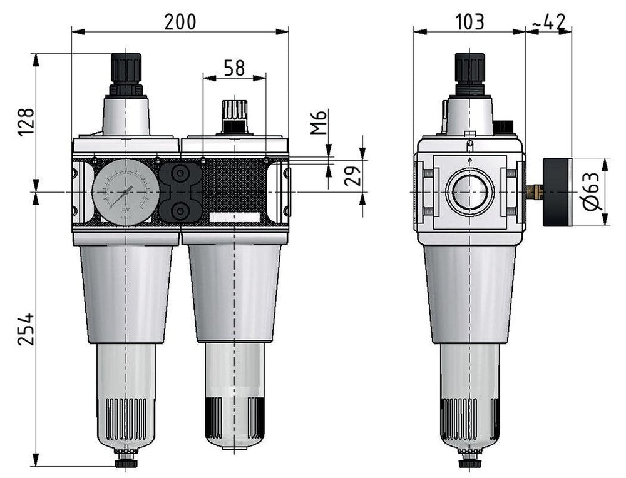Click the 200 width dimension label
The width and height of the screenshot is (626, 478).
(x=180, y=21)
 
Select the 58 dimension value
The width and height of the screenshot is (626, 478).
(x=234, y=68)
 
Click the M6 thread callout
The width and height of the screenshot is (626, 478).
(x=320, y=123)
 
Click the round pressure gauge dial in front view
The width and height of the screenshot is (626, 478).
(x=121, y=191)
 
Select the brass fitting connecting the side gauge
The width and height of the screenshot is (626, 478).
(x=534, y=190)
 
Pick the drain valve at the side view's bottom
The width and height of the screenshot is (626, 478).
(x=469, y=462)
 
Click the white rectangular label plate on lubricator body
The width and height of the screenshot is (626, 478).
(x=235, y=218)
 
